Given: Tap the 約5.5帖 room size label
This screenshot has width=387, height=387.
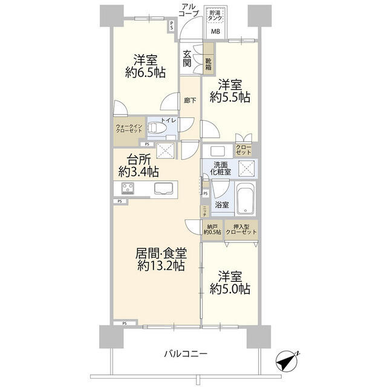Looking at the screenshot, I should (x=230, y=96).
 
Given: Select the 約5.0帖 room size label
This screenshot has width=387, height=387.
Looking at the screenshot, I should (x=230, y=289).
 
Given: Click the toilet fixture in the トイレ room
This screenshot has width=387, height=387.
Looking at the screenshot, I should (x=155, y=128).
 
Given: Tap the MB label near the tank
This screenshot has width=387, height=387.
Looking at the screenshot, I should (x=215, y=31).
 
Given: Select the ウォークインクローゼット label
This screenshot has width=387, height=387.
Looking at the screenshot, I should (x=129, y=129).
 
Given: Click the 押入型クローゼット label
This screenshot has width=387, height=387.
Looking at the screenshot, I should (x=241, y=229).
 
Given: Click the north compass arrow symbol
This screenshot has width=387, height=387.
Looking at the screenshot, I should (x=288, y=361).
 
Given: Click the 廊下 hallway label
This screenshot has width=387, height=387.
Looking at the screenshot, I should (x=190, y=100).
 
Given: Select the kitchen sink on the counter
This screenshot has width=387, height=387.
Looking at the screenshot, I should (x=163, y=189).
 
